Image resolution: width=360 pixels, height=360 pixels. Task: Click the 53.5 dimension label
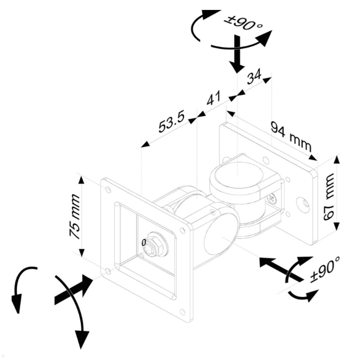click(x=171, y=121)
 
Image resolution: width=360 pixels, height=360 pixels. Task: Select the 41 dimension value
click(x=213, y=98)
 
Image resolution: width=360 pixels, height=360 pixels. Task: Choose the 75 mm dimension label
click(x=75, y=217)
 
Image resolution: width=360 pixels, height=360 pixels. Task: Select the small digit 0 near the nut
click(x=143, y=242)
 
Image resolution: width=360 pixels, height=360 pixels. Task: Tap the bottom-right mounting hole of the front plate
click(x=182, y=311)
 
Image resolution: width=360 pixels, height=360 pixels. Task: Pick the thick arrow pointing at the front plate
click(x=73, y=289)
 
